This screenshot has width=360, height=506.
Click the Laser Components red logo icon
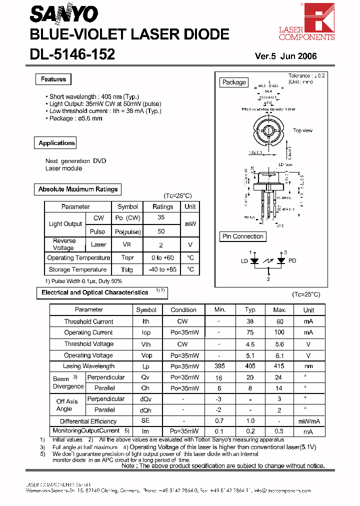tap(319, 17)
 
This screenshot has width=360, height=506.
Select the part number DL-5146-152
tap(72, 54)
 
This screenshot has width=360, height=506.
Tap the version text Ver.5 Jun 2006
tap(285, 56)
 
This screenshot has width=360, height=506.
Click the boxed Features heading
tap(53, 79)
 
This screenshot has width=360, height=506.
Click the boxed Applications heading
tap(56, 143)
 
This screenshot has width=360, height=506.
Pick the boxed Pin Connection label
tap(243, 236)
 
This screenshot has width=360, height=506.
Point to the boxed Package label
tap(234, 82)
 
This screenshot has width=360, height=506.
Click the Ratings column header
tap(162, 206)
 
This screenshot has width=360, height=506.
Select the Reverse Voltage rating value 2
tap(161, 245)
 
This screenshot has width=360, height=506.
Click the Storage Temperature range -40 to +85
tap(162, 269)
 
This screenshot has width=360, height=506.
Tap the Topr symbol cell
tap(127, 258)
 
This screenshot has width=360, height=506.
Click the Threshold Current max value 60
tap(279, 321)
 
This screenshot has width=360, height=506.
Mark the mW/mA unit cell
tap(308, 421)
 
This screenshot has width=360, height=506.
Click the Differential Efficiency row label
tap(88, 421)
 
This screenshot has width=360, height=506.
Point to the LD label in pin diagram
tap(244, 260)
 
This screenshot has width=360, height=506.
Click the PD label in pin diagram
tap(292, 260)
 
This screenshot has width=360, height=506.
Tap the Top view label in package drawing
tap(302, 130)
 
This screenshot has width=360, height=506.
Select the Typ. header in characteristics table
tap(250, 310)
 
